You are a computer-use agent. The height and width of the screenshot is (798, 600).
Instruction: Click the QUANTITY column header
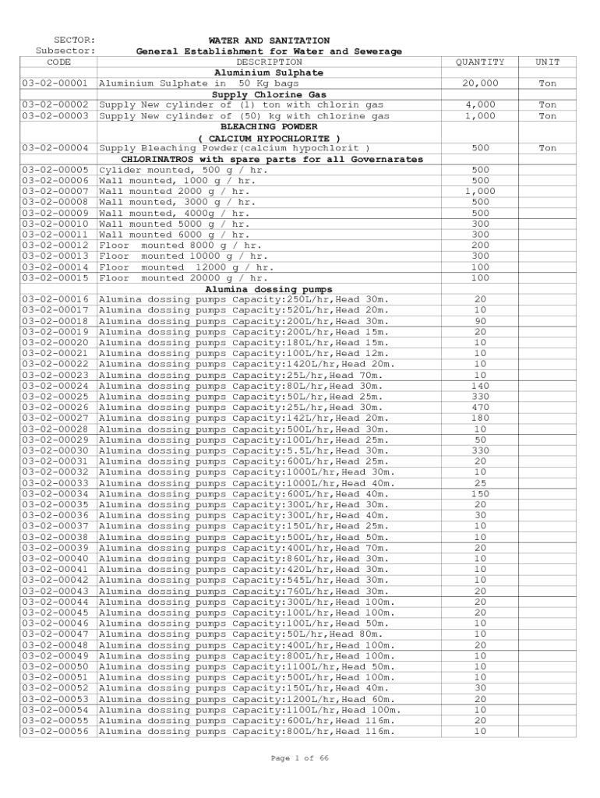pos(480,62)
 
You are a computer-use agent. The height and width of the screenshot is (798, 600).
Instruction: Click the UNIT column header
pos(548,62)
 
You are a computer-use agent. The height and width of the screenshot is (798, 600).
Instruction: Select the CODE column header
pos(59,62)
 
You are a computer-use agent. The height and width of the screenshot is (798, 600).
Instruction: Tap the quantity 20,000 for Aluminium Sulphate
pos(480,83)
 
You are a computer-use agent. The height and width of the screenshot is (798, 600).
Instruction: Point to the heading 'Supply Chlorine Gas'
pos(269,94)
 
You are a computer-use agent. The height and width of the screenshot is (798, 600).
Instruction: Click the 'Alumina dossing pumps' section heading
pos(269,289)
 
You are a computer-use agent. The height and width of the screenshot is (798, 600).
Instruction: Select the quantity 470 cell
pos(480,408)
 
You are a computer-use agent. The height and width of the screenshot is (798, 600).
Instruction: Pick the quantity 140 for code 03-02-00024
pos(480,386)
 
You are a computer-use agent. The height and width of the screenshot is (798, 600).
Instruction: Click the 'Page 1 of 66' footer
pos(299,758)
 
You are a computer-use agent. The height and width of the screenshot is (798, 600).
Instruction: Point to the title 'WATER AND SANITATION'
pos(269,41)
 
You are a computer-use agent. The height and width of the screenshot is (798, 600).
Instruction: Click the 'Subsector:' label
pos(66,51)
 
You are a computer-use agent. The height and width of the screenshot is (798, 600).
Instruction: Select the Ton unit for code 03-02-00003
pos(548,116)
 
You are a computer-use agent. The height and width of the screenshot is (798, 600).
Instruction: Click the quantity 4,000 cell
pos(480,104)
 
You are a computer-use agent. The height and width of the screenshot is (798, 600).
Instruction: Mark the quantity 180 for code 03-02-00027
pos(480,418)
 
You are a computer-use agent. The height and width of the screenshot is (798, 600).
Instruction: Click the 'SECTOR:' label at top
pos(75,41)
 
